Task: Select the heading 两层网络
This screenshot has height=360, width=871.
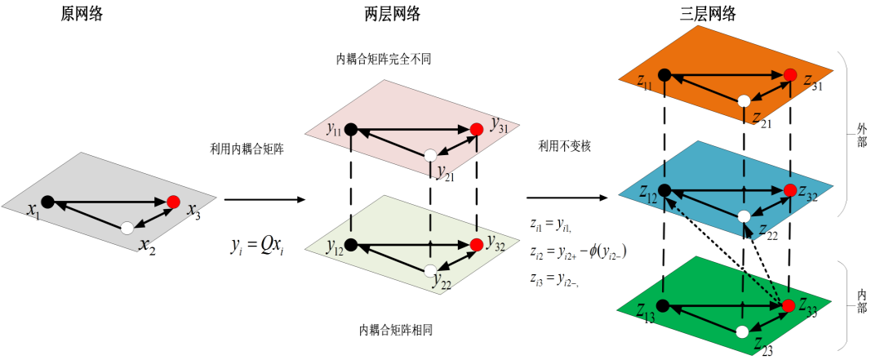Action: [393, 14]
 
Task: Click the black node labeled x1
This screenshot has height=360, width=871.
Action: [47, 202]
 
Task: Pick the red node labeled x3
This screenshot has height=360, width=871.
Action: [173, 202]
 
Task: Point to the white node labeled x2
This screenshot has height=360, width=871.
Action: [127, 228]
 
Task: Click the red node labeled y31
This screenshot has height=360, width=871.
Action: [477, 129]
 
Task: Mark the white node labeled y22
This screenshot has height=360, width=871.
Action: [430, 270]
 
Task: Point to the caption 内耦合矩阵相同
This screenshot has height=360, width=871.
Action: [395, 330]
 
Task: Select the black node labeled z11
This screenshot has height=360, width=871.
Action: [664, 74]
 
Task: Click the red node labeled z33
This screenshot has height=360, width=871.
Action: [789, 305]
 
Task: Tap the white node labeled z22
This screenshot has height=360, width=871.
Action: [744, 216]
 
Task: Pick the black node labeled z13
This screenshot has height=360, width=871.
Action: [663, 305]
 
